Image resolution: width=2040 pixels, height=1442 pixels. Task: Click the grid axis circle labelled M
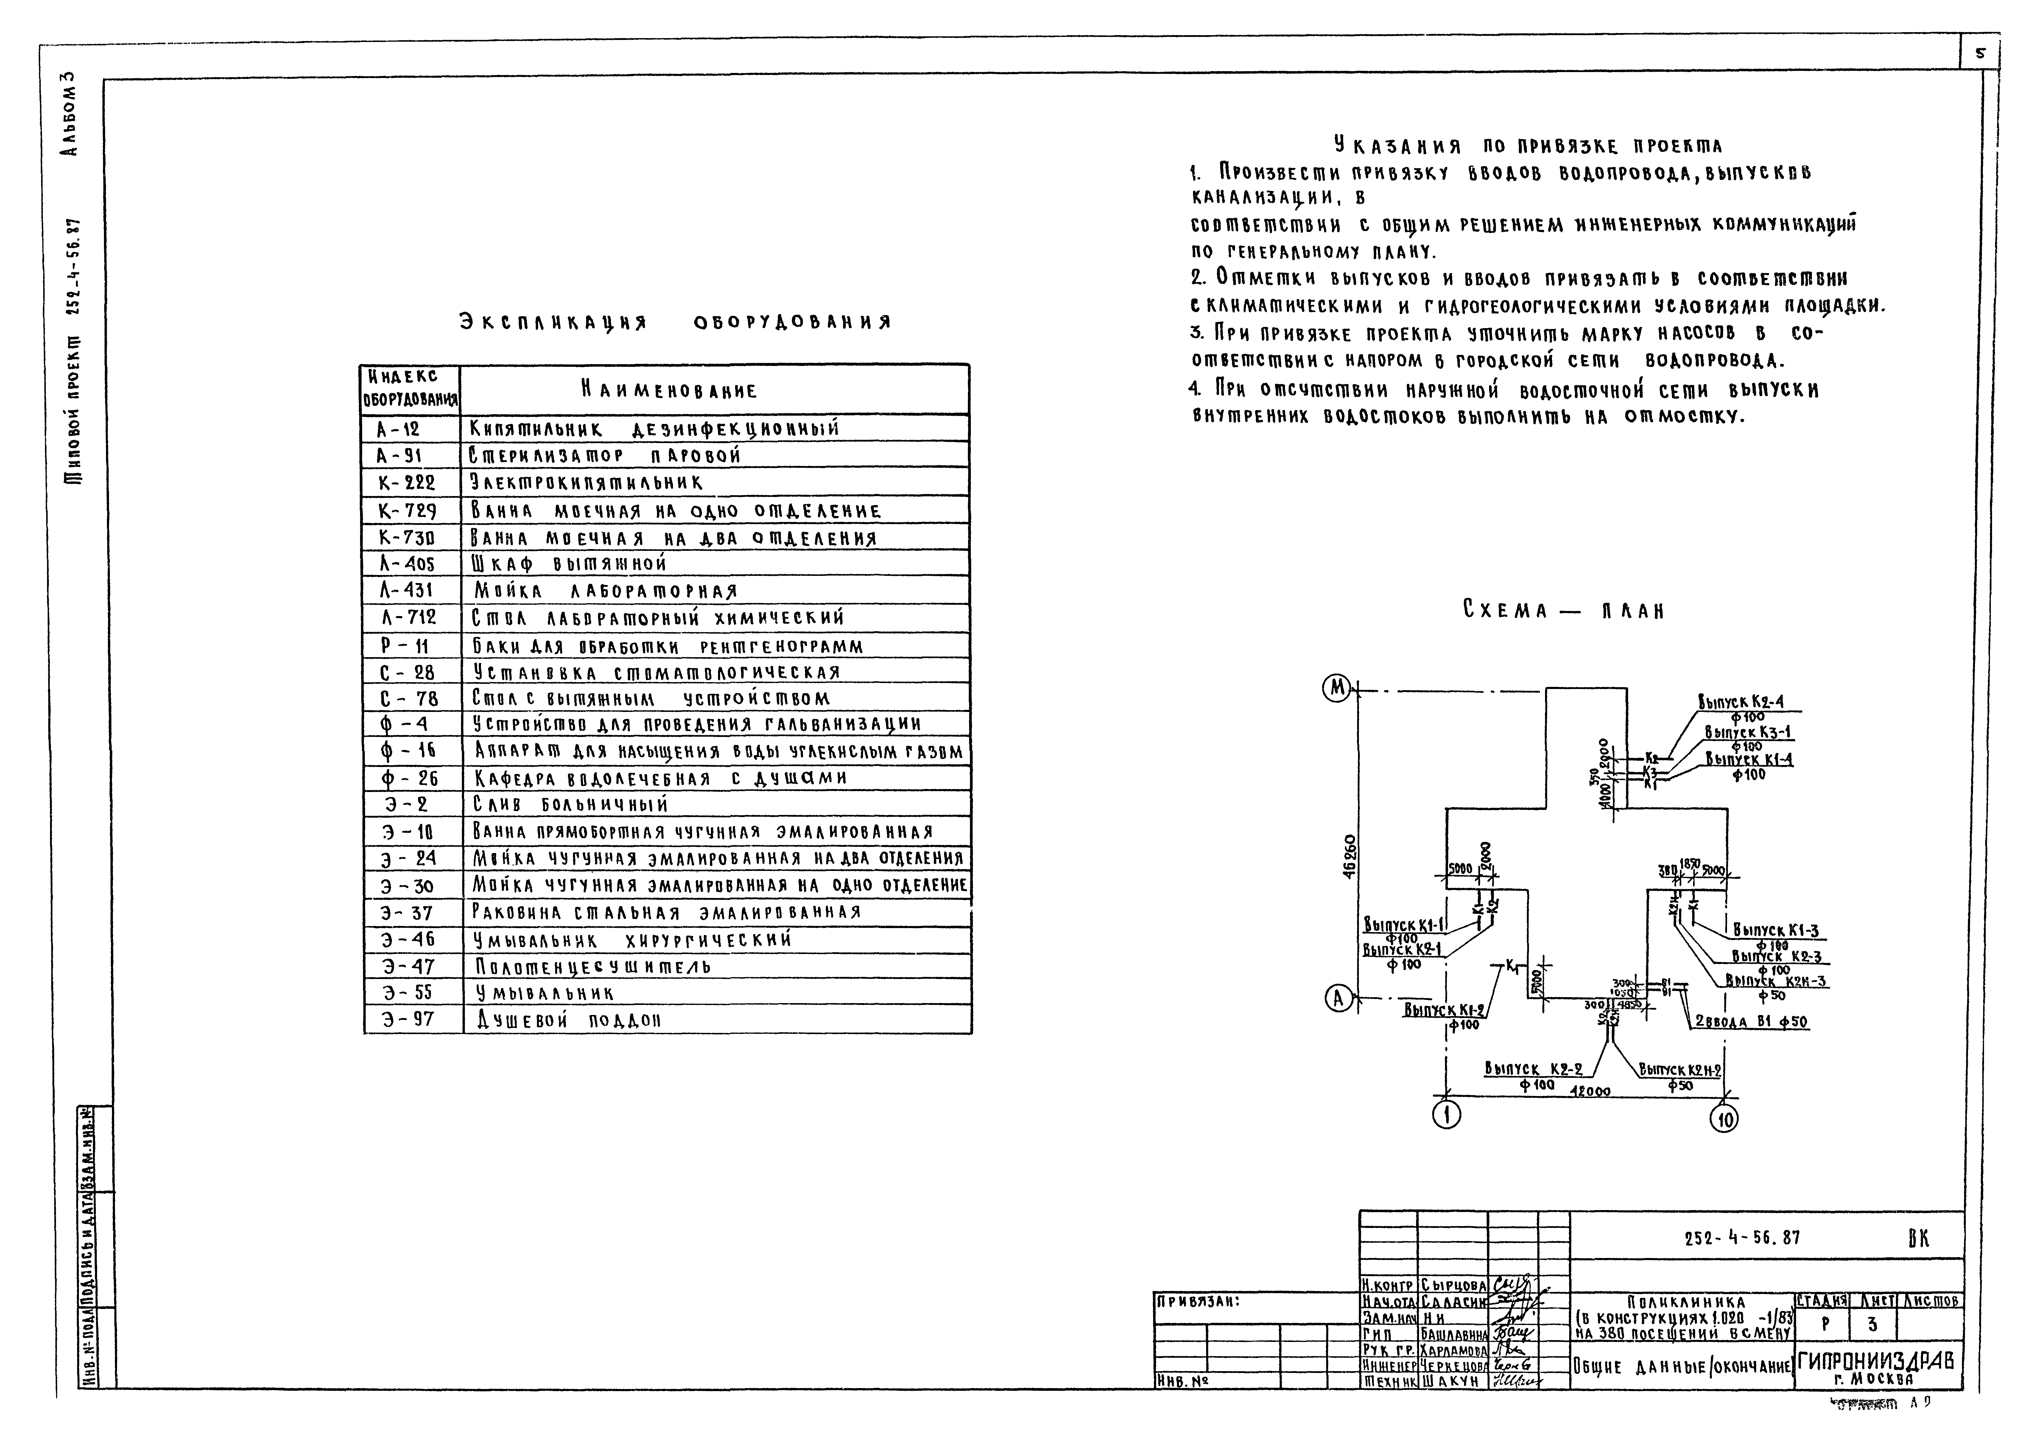[1336, 689]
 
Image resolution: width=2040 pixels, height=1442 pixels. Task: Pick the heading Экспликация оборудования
[674, 322]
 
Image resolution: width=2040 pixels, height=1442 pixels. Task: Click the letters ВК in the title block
[1919, 1239]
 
